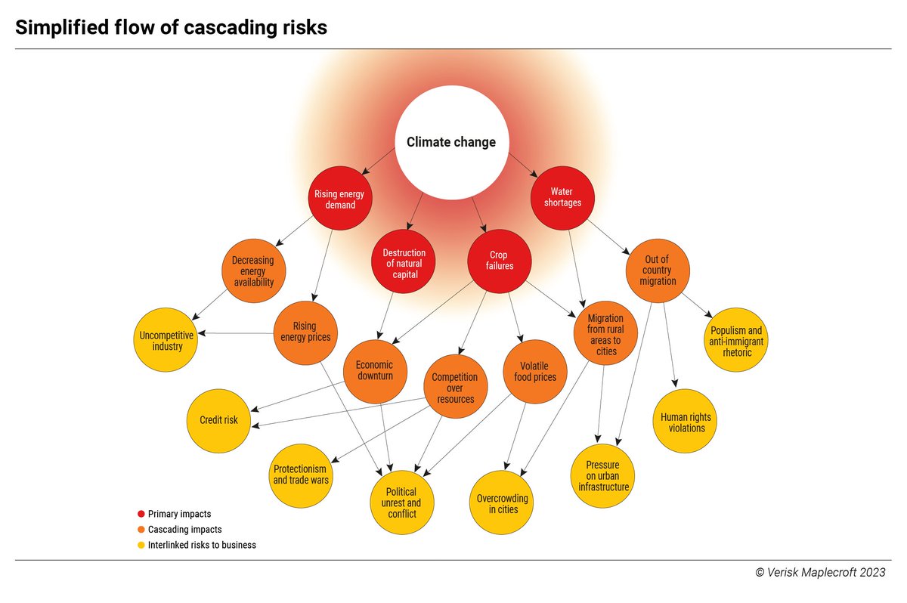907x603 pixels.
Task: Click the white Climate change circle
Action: click(452, 142)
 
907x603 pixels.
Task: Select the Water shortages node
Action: click(562, 198)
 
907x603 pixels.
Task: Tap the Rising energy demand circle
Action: click(340, 198)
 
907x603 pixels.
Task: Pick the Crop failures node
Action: click(500, 261)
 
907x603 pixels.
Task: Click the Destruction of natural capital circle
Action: click(404, 261)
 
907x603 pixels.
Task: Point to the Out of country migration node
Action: click(658, 271)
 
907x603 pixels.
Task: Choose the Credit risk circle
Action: click(218, 421)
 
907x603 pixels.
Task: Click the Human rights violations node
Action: click(685, 421)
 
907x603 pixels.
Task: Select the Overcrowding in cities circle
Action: click(501, 502)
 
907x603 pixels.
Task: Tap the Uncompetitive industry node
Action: click(166, 339)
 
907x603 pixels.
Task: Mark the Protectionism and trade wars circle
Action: click(301, 475)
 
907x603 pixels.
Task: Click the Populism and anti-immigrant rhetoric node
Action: click(736, 339)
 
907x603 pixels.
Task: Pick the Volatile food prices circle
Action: click(535, 372)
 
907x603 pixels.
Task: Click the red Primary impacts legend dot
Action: click(141, 514)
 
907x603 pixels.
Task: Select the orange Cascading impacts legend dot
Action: click(141, 530)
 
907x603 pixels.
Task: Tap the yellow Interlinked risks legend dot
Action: click(141, 545)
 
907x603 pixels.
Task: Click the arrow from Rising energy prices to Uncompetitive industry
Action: click(236, 333)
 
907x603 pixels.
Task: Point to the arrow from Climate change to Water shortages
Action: click(523, 165)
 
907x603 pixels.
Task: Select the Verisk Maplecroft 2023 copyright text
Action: click(820, 572)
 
